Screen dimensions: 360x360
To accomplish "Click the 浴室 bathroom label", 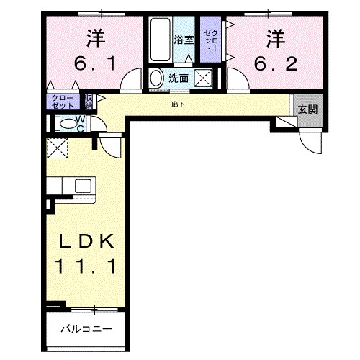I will coord(183,40).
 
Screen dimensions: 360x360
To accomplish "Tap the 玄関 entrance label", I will coord(308,109).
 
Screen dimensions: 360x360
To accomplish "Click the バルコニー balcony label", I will coord(86,329).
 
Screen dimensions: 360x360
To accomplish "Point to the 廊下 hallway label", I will coord(179,104).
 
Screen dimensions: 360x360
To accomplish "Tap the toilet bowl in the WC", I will coord(67,123).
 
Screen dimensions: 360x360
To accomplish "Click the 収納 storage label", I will coord(89,101).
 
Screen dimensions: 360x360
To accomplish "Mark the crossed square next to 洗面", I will coord(204,78).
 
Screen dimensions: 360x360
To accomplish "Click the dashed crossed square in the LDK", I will coord(56,148).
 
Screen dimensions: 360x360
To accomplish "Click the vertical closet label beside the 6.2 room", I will coord(210,42).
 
